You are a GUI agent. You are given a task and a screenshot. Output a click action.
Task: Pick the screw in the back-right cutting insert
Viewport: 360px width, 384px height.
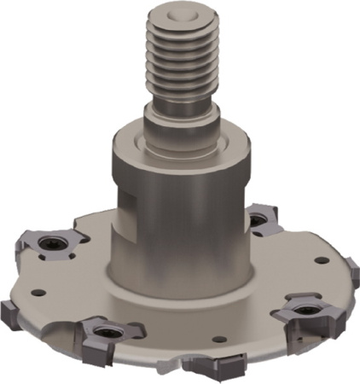coord(257,221)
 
